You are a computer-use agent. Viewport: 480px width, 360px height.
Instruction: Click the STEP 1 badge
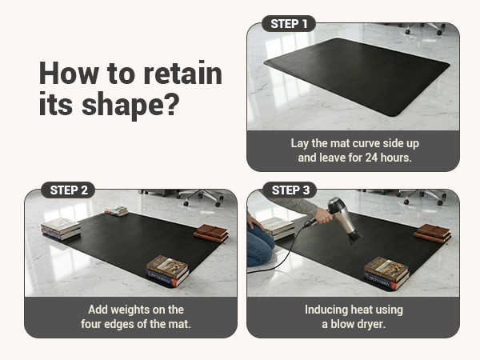pos(289,24)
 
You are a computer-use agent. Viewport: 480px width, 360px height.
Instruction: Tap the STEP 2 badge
pos(68,190)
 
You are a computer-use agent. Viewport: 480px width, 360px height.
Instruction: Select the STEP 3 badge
pos(290,190)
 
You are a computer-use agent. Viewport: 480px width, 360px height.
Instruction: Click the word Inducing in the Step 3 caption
pos(328,310)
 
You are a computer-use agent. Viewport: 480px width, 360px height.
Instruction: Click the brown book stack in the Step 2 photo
pos(211,233)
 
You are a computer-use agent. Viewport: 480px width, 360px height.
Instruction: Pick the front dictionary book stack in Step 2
pos(167,270)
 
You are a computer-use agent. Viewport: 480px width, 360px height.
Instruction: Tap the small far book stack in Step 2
pos(117,211)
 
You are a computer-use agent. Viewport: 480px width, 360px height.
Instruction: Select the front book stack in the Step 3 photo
pos(386,272)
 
